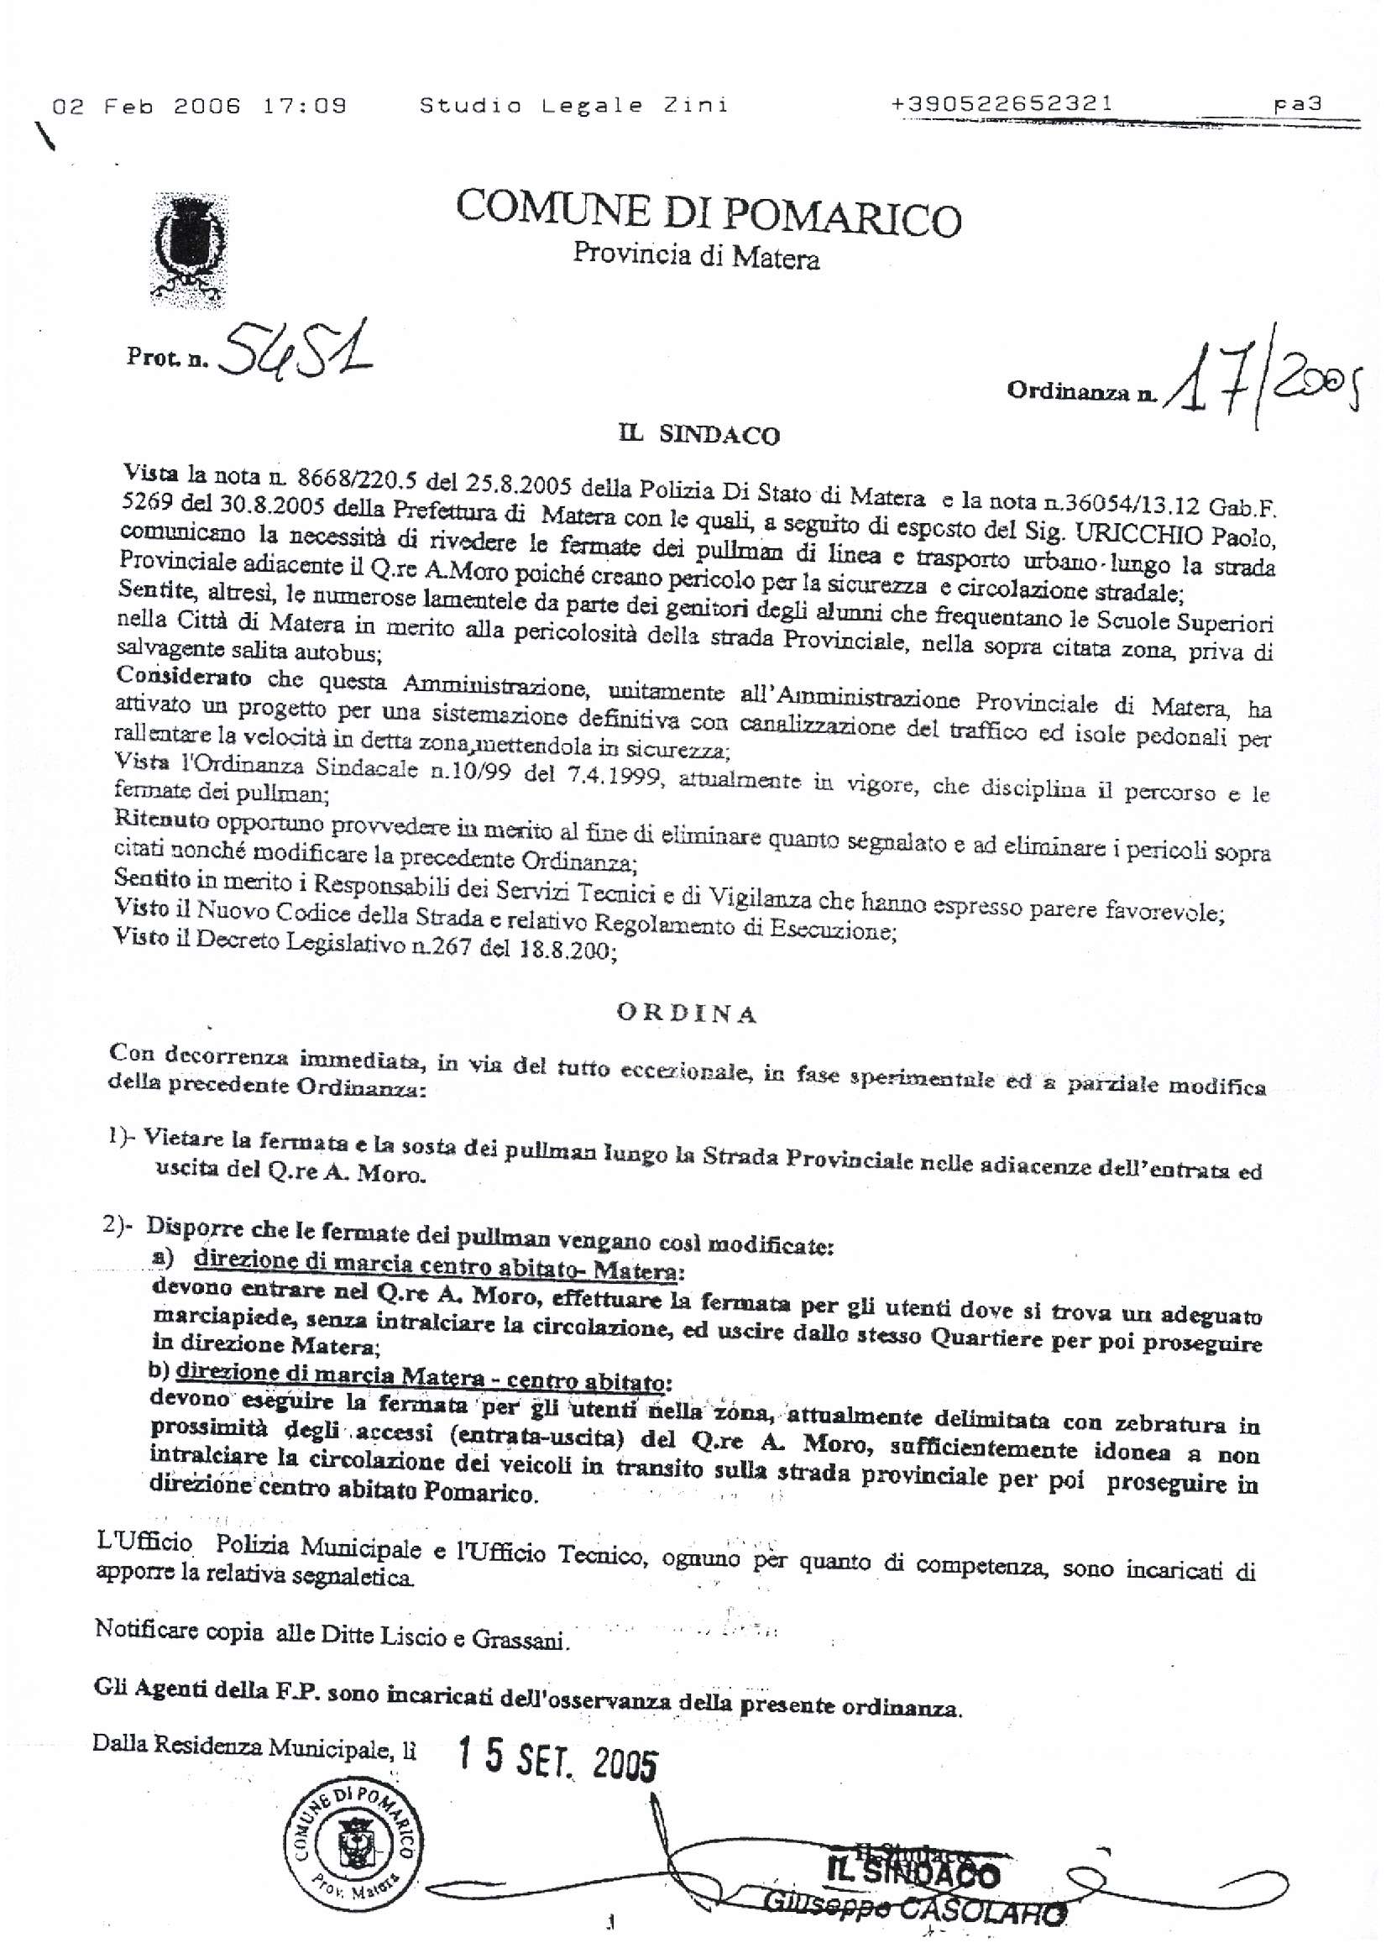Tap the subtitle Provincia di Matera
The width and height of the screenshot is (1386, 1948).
click(x=696, y=256)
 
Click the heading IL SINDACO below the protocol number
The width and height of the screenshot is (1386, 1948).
click(x=699, y=435)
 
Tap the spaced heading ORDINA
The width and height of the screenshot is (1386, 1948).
click(x=687, y=1013)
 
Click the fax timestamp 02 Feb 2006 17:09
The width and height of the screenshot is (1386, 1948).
click(x=200, y=107)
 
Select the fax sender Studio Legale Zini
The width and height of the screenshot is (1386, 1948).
click(x=573, y=106)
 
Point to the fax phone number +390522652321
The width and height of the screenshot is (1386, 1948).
click(x=1002, y=104)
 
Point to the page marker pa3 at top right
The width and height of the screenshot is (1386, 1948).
click(x=1297, y=104)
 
